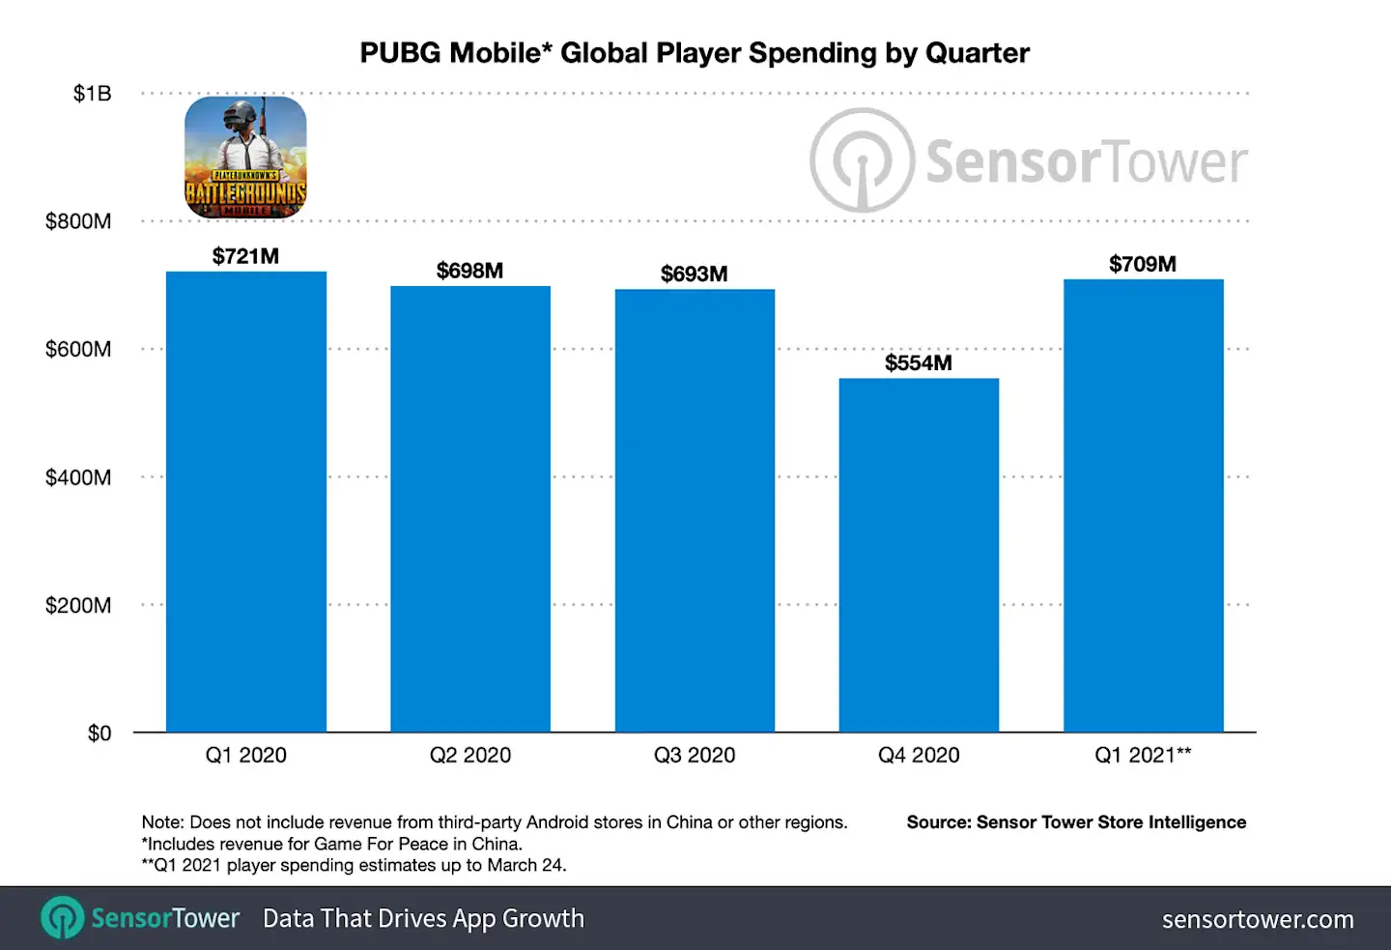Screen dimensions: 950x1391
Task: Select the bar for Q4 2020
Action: (x=919, y=555)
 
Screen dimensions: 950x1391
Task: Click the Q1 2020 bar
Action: (x=245, y=502)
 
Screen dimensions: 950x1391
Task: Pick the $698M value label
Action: (x=469, y=271)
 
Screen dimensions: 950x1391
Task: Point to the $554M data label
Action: (x=919, y=363)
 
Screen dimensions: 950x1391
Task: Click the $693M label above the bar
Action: (x=694, y=274)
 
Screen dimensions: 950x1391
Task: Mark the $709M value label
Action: (x=1142, y=265)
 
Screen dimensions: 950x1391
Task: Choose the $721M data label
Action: (x=245, y=256)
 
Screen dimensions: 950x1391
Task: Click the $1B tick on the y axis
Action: (x=93, y=94)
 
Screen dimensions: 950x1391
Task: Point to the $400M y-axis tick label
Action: (x=78, y=477)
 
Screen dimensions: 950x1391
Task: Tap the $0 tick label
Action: (x=99, y=734)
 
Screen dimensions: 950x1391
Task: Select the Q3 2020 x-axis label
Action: (x=695, y=756)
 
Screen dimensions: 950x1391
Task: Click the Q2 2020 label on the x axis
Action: (x=470, y=756)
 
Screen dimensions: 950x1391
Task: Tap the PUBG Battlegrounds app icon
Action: (x=245, y=157)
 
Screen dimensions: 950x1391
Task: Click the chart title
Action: (x=695, y=53)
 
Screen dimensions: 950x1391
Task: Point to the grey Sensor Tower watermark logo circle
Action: (x=862, y=160)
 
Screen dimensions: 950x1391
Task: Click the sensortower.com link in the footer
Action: (x=1258, y=919)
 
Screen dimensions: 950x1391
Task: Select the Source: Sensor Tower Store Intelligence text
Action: (x=1076, y=822)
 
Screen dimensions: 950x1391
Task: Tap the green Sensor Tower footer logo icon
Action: (x=63, y=918)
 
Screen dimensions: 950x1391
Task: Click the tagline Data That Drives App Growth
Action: (x=423, y=918)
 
